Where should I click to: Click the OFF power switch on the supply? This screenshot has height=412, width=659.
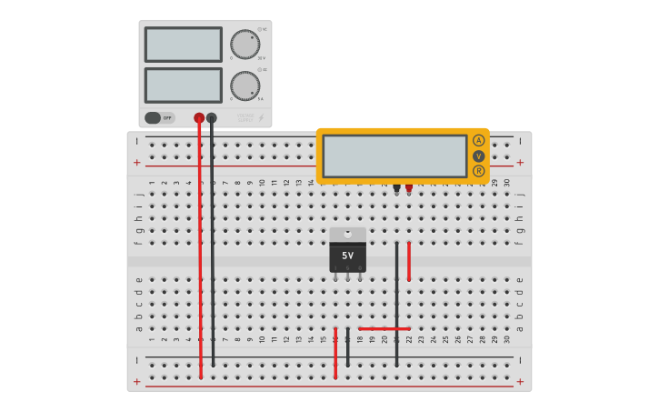click(x=160, y=117)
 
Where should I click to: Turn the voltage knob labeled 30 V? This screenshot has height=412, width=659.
click(x=245, y=44)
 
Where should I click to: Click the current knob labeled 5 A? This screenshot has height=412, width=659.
click(x=245, y=85)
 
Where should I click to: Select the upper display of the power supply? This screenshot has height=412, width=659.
click(x=183, y=45)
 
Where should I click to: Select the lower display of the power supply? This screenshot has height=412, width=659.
click(x=183, y=85)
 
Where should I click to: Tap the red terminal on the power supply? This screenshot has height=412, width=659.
click(x=199, y=117)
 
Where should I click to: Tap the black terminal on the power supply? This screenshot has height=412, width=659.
click(x=212, y=117)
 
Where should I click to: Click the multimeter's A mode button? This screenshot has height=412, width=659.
click(x=478, y=140)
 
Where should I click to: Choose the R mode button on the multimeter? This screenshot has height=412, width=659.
click(x=478, y=170)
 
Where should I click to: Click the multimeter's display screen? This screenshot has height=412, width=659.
click(x=394, y=156)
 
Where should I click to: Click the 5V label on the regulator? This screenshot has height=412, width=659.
click(x=348, y=256)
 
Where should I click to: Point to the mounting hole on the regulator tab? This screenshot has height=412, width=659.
click(x=348, y=234)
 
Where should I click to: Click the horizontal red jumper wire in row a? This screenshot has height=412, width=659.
click(x=384, y=328)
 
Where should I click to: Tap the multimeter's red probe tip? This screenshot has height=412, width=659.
click(x=409, y=188)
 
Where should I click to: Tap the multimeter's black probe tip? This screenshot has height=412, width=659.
click(x=396, y=188)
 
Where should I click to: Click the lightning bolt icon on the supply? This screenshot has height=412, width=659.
click(x=261, y=117)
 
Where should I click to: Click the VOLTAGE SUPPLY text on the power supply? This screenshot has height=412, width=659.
click(x=245, y=117)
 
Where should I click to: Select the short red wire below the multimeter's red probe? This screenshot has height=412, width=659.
click(x=409, y=261)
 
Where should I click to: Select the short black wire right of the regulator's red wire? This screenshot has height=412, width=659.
click(x=347, y=347)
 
